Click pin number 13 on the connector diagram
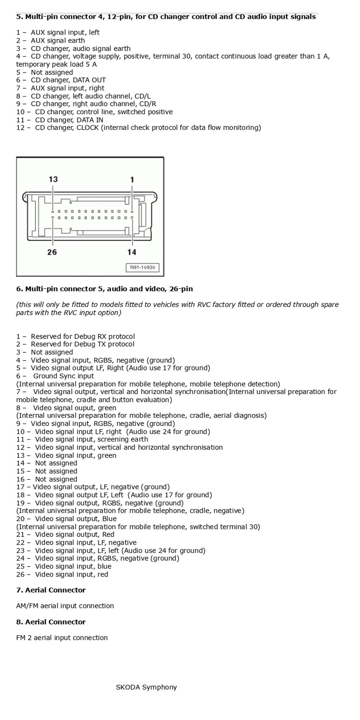53,179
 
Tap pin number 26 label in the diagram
52,252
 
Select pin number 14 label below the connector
132,252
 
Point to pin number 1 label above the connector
132,179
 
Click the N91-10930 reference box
143,267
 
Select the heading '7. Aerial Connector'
51,590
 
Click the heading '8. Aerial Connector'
51,622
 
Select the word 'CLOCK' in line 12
88,127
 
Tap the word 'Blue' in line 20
109,519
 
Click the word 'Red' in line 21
108,535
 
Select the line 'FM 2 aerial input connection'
62,637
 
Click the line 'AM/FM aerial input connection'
65,606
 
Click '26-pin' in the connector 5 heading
181,289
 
